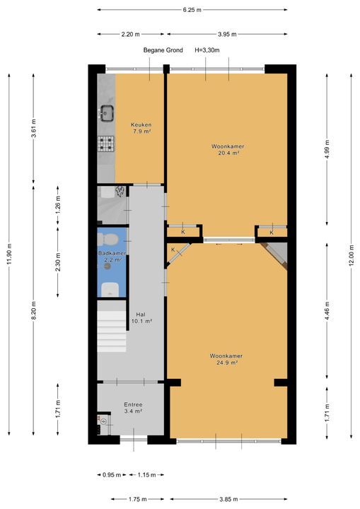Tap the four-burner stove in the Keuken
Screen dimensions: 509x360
[107, 144]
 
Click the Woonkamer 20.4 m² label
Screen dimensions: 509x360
[226, 149]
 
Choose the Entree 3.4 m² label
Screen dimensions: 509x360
[132, 407]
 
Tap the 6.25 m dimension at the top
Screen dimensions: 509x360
[192, 10]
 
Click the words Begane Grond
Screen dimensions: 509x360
[163, 50]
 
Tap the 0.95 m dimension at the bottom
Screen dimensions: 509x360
[108, 475]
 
